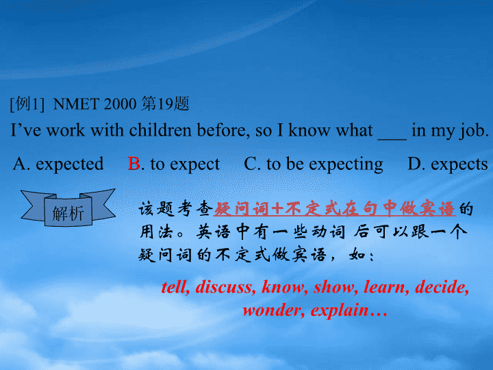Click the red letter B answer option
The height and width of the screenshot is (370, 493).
[x=134, y=163]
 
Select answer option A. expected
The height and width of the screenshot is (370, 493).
[x=58, y=164]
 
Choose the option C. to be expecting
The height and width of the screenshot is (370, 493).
[x=314, y=164]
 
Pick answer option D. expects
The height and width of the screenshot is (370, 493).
[x=448, y=164]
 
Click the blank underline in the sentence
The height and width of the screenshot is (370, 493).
[x=392, y=138]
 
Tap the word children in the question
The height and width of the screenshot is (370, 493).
[x=160, y=130]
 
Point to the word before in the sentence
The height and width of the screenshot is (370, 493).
[x=223, y=130]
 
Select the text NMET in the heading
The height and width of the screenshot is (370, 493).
[x=76, y=104]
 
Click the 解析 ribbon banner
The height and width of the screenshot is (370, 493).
[x=68, y=208]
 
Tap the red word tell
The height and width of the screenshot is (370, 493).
[x=175, y=287]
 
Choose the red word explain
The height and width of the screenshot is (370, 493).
[x=340, y=311]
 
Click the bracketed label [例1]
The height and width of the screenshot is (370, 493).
[x=27, y=104]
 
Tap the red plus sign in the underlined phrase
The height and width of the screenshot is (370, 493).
[x=277, y=209]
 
